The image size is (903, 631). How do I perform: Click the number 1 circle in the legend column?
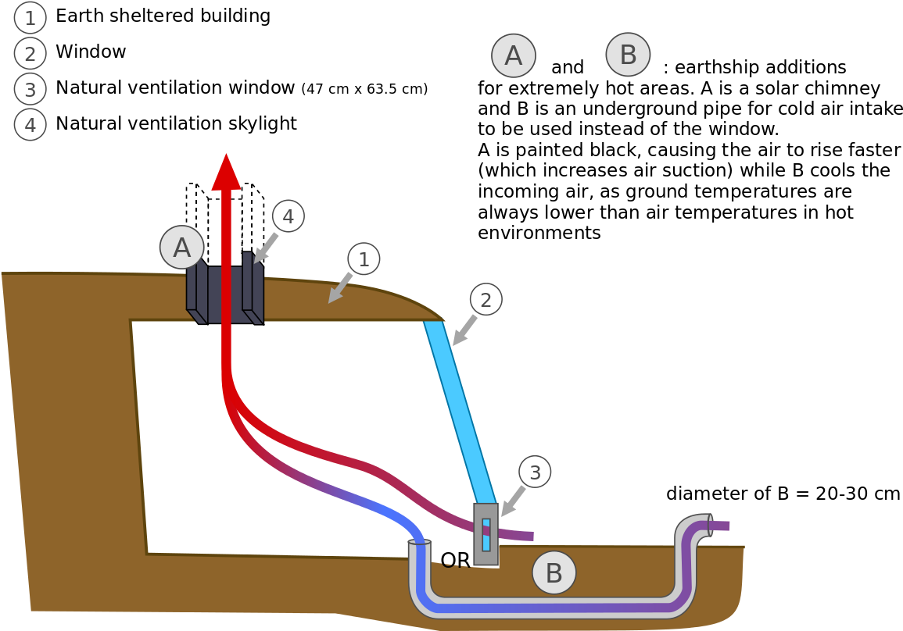click(30, 18)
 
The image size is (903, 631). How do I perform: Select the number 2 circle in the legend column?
click(30, 54)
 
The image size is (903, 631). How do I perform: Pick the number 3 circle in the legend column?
click(30, 89)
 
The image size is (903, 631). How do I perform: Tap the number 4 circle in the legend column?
click(30, 125)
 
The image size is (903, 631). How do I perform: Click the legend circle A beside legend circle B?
click(513, 55)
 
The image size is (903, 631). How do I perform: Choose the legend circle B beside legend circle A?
click(628, 55)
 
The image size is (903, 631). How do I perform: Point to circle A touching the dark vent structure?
click(181, 248)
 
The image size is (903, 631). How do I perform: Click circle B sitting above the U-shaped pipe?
click(554, 572)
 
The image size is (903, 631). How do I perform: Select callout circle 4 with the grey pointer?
click(288, 216)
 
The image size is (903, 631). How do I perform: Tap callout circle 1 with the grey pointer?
click(364, 258)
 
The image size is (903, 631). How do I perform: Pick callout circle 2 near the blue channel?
click(486, 300)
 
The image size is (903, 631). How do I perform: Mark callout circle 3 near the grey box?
click(535, 472)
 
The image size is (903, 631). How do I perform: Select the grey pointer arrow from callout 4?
click(265, 248)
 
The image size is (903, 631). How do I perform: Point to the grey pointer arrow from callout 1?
click(339, 288)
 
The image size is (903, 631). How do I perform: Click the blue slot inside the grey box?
click(486, 534)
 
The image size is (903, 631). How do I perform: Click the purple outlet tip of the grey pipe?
click(721, 526)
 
